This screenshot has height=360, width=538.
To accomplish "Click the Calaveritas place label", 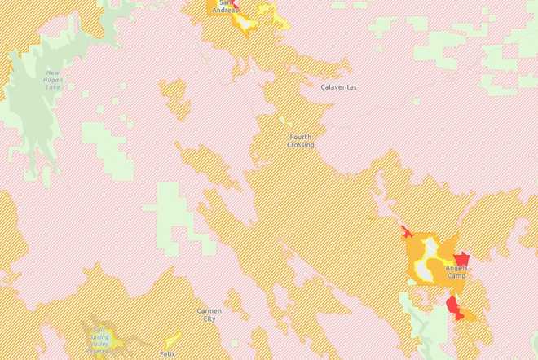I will (338, 86).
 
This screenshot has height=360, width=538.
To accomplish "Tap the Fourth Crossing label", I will (300, 141).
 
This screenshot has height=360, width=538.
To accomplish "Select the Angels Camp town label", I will (456, 271).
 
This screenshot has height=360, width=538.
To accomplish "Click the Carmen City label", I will (209, 314).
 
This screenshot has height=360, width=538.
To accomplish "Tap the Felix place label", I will (167, 353).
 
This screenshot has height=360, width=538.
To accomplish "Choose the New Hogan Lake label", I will (53, 81).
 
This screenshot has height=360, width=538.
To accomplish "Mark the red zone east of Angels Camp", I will (461, 257).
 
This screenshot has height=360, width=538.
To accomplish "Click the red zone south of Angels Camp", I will (453, 307).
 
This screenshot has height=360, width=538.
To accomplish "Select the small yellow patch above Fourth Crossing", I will (284, 121).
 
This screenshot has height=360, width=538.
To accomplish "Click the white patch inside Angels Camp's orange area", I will (426, 259).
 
